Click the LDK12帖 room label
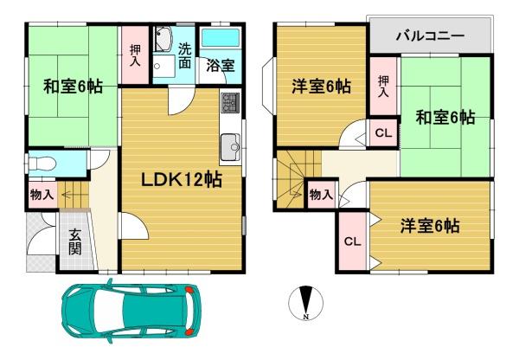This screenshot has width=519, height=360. click(182, 180)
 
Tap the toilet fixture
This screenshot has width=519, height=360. click(42, 164)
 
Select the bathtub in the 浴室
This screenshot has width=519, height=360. click(221, 38)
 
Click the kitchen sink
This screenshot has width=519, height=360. click(230, 147)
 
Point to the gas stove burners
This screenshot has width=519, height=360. click(230, 102)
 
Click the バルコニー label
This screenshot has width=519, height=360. click(430, 35)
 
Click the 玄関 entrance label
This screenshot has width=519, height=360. click(75, 241)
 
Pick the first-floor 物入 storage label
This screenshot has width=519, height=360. click(42, 195)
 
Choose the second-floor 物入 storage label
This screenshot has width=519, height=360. click(321, 195)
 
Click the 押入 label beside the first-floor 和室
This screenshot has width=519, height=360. click(135, 55)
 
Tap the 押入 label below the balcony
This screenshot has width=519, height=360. click(383, 87)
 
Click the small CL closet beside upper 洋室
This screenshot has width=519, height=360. click(383, 132)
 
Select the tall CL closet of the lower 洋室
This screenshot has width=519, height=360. click(352, 241)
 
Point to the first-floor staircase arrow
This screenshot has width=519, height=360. click(72, 196)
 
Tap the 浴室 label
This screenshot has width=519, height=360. click(221, 65)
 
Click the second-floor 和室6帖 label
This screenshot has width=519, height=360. click(445, 117)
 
